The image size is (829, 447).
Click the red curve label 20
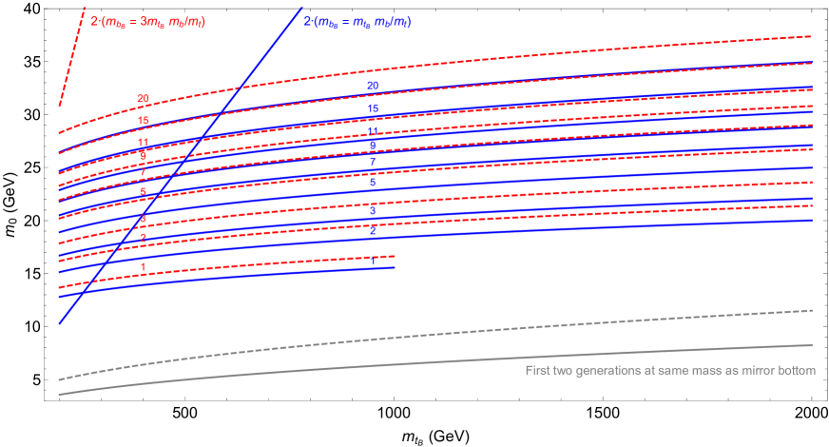coord(143,99)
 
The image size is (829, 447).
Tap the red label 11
coord(143,143)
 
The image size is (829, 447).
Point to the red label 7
coord(143,172)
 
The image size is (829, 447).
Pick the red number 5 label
coord(143,192)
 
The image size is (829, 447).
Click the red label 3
coord(143,220)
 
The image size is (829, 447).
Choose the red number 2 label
coord(143,238)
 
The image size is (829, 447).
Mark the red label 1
coord(143,268)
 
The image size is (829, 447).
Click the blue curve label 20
coord(373,87)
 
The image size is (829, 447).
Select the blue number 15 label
coord(373,109)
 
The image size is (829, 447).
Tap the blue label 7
coord(373,163)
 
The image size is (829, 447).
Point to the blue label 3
coord(373,210)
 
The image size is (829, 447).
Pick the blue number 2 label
coord(373,230)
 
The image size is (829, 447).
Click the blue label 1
coord(373,260)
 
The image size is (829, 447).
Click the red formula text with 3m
coord(147,21)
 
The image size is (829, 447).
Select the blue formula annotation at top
coord(357,21)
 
